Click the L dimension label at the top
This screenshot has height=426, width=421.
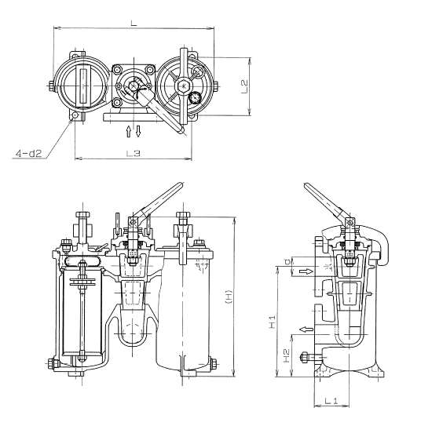point(133,24)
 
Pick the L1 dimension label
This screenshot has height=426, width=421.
point(331,401)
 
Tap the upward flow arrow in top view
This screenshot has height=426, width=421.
point(130,129)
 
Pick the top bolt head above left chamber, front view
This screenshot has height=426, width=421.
point(82,213)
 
